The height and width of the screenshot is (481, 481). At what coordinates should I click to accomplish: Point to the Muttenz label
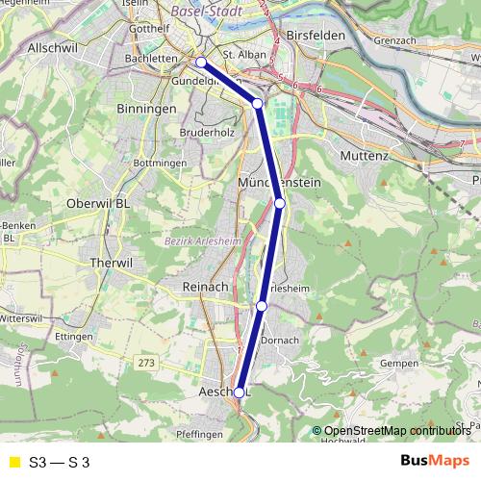click(x=363, y=154)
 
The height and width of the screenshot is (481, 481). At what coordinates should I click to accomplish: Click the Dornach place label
click(x=281, y=340)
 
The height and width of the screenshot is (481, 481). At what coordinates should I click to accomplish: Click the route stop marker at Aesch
click(x=240, y=392)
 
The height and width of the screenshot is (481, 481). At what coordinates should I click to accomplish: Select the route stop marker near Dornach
click(x=262, y=306)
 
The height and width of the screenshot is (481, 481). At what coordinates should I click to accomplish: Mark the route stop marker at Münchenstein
click(x=280, y=203)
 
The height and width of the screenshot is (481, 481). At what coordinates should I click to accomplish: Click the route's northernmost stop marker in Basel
click(x=201, y=63)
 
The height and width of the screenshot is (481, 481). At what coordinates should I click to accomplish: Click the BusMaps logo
click(x=435, y=461)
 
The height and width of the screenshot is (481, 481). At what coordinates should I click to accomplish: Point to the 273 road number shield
click(x=145, y=363)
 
